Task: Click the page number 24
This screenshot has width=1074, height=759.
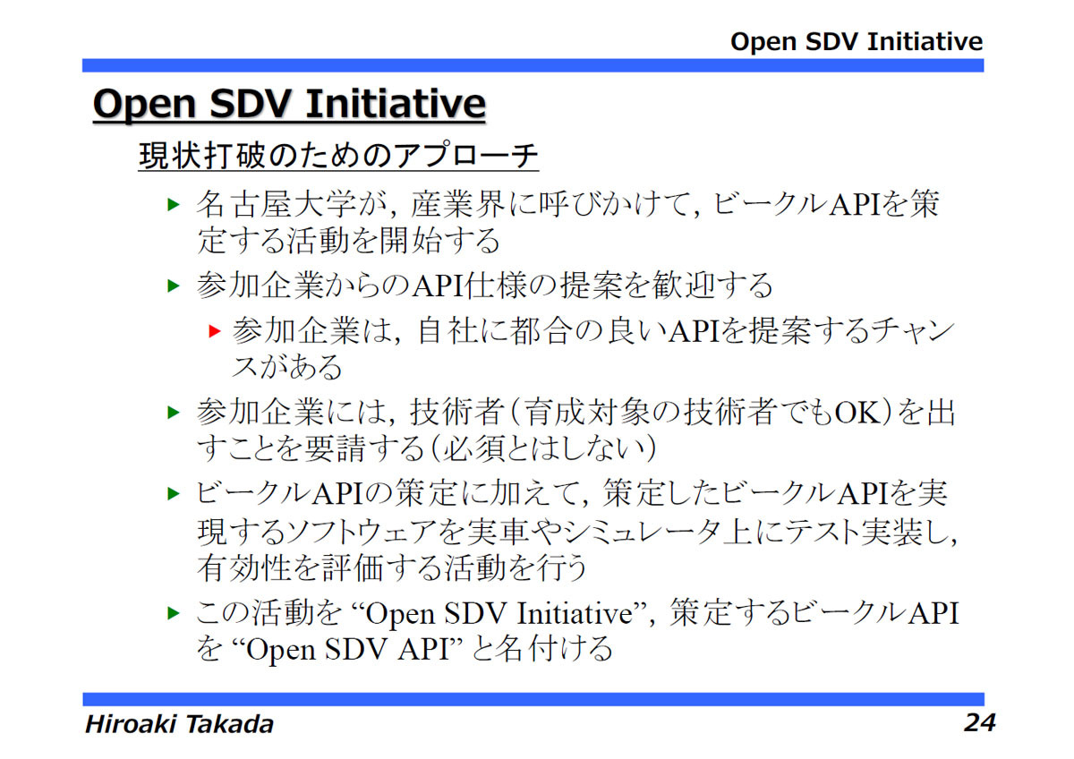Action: click(979, 722)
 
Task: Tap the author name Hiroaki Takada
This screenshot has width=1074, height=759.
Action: click(179, 723)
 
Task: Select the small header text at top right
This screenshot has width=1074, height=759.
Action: click(857, 41)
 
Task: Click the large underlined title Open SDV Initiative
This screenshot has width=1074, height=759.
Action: click(289, 104)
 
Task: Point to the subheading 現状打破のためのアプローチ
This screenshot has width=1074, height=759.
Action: click(338, 155)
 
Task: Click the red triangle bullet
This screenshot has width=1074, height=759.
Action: click(215, 331)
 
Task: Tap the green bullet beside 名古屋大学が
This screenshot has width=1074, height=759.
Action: click(173, 205)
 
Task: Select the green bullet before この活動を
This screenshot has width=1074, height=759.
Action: click(173, 613)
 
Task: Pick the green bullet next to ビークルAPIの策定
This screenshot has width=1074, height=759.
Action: click(173, 493)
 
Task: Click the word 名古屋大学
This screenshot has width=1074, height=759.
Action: click(276, 205)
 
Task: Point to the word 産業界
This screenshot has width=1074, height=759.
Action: click(457, 205)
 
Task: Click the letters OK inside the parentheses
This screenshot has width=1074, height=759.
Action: click(857, 413)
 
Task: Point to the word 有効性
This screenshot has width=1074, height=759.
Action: click(243, 567)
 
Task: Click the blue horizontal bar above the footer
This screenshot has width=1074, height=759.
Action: click(533, 699)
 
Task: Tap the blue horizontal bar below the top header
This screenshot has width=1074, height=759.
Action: click(533, 65)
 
